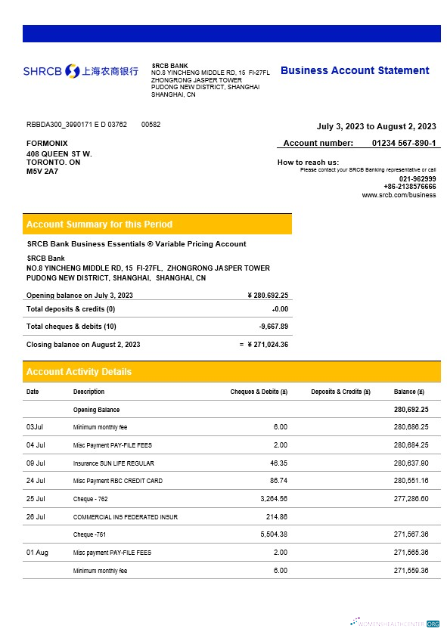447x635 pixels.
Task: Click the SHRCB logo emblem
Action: (73, 71)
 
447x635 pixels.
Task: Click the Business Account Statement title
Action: (355, 70)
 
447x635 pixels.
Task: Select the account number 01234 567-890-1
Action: (403, 143)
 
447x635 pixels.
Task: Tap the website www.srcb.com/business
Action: (399, 194)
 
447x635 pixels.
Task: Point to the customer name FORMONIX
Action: (47, 143)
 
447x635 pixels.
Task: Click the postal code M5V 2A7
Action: (42, 172)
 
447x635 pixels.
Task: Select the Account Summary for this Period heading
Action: (99, 225)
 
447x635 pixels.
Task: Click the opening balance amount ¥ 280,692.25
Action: (268, 295)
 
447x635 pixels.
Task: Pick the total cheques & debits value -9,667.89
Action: (273, 327)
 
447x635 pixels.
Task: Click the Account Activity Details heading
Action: (79, 372)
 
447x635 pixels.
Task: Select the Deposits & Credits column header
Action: (340, 392)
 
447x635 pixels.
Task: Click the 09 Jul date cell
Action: (36, 463)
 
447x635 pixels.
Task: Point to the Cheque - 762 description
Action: (90, 499)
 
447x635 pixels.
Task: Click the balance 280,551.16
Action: (411, 481)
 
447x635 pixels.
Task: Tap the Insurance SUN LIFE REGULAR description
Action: (113, 463)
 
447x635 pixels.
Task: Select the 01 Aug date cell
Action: (37, 553)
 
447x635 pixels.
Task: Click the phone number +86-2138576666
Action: (409, 186)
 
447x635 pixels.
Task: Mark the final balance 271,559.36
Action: (411, 571)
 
